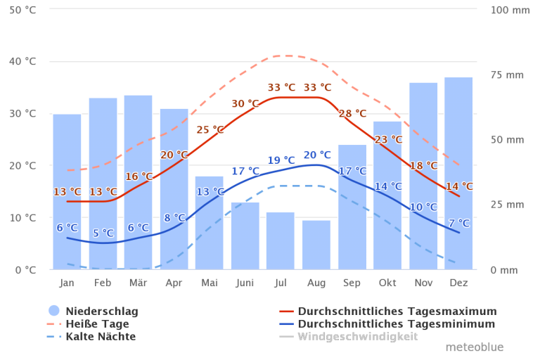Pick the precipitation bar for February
pyautogui.click(x=103, y=184)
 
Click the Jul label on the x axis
pyautogui.click(x=281, y=283)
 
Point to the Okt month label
pyautogui.click(x=387, y=283)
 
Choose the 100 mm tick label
pyautogui.click(x=510, y=10)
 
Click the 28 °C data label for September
pyautogui.click(x=352, y=113)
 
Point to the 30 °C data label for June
pyautogui.click(x=245, y=103)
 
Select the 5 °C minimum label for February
pyautogui.click(x=103, y=233)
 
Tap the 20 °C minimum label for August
pyautogui.click(x=317, y=155)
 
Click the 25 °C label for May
pyautogui.click(x=210, y=129)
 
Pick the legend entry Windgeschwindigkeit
pyautogui.click(x=356, y=337)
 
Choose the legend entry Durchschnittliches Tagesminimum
pyautogui.click(x=395, y=324)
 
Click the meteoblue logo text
pyautogui.click(x=474, y=347)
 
